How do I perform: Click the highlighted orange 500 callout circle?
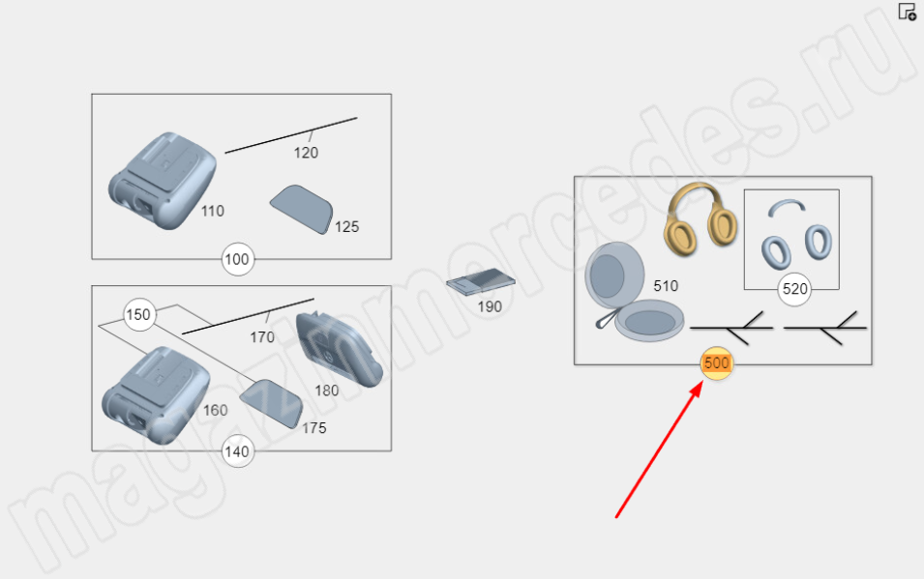click(x=717, y=363)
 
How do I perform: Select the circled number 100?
click(x=237, y=259)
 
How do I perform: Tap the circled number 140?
click(x=237, y=451)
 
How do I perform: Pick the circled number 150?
click(x=139, y=314)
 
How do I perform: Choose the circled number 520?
click(x=794, y=289)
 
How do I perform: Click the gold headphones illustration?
click(x=700, y=218)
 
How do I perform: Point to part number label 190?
click(x=490, y=306)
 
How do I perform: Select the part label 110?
click(x=212, y=211)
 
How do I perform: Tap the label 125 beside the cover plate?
click(x=346, y=227)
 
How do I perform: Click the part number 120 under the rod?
click(x=306, y=153)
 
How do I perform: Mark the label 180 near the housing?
click(x=326, y=391)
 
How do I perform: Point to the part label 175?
click(x=314, y=428)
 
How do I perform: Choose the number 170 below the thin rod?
click(x=261, y=337)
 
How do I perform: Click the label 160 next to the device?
click(x=215, y=410)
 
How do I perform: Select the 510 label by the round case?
click(x=666, y=286)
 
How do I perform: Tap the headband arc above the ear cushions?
click(x=787, y=205)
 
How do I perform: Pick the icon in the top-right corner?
click(x=908, y=12)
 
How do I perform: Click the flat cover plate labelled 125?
click(x=302, y=209)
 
